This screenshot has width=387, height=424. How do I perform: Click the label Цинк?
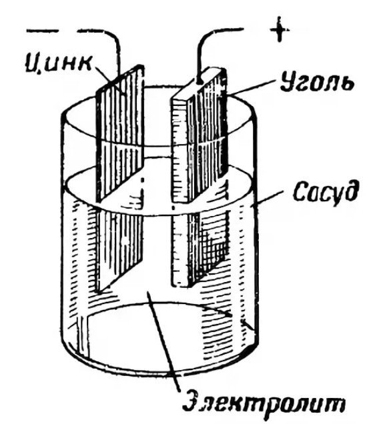pos(59,65)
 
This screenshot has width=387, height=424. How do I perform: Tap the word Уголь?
pos(316,81)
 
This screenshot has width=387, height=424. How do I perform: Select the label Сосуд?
pos(326,191)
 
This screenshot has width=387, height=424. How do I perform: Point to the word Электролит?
pos(263,405)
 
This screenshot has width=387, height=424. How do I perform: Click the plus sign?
pos(280,29)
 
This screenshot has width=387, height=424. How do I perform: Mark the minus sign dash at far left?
pos(42,31)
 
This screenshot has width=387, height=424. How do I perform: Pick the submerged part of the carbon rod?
pos(200,248)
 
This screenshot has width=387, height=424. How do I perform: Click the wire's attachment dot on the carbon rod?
pos(200,81)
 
